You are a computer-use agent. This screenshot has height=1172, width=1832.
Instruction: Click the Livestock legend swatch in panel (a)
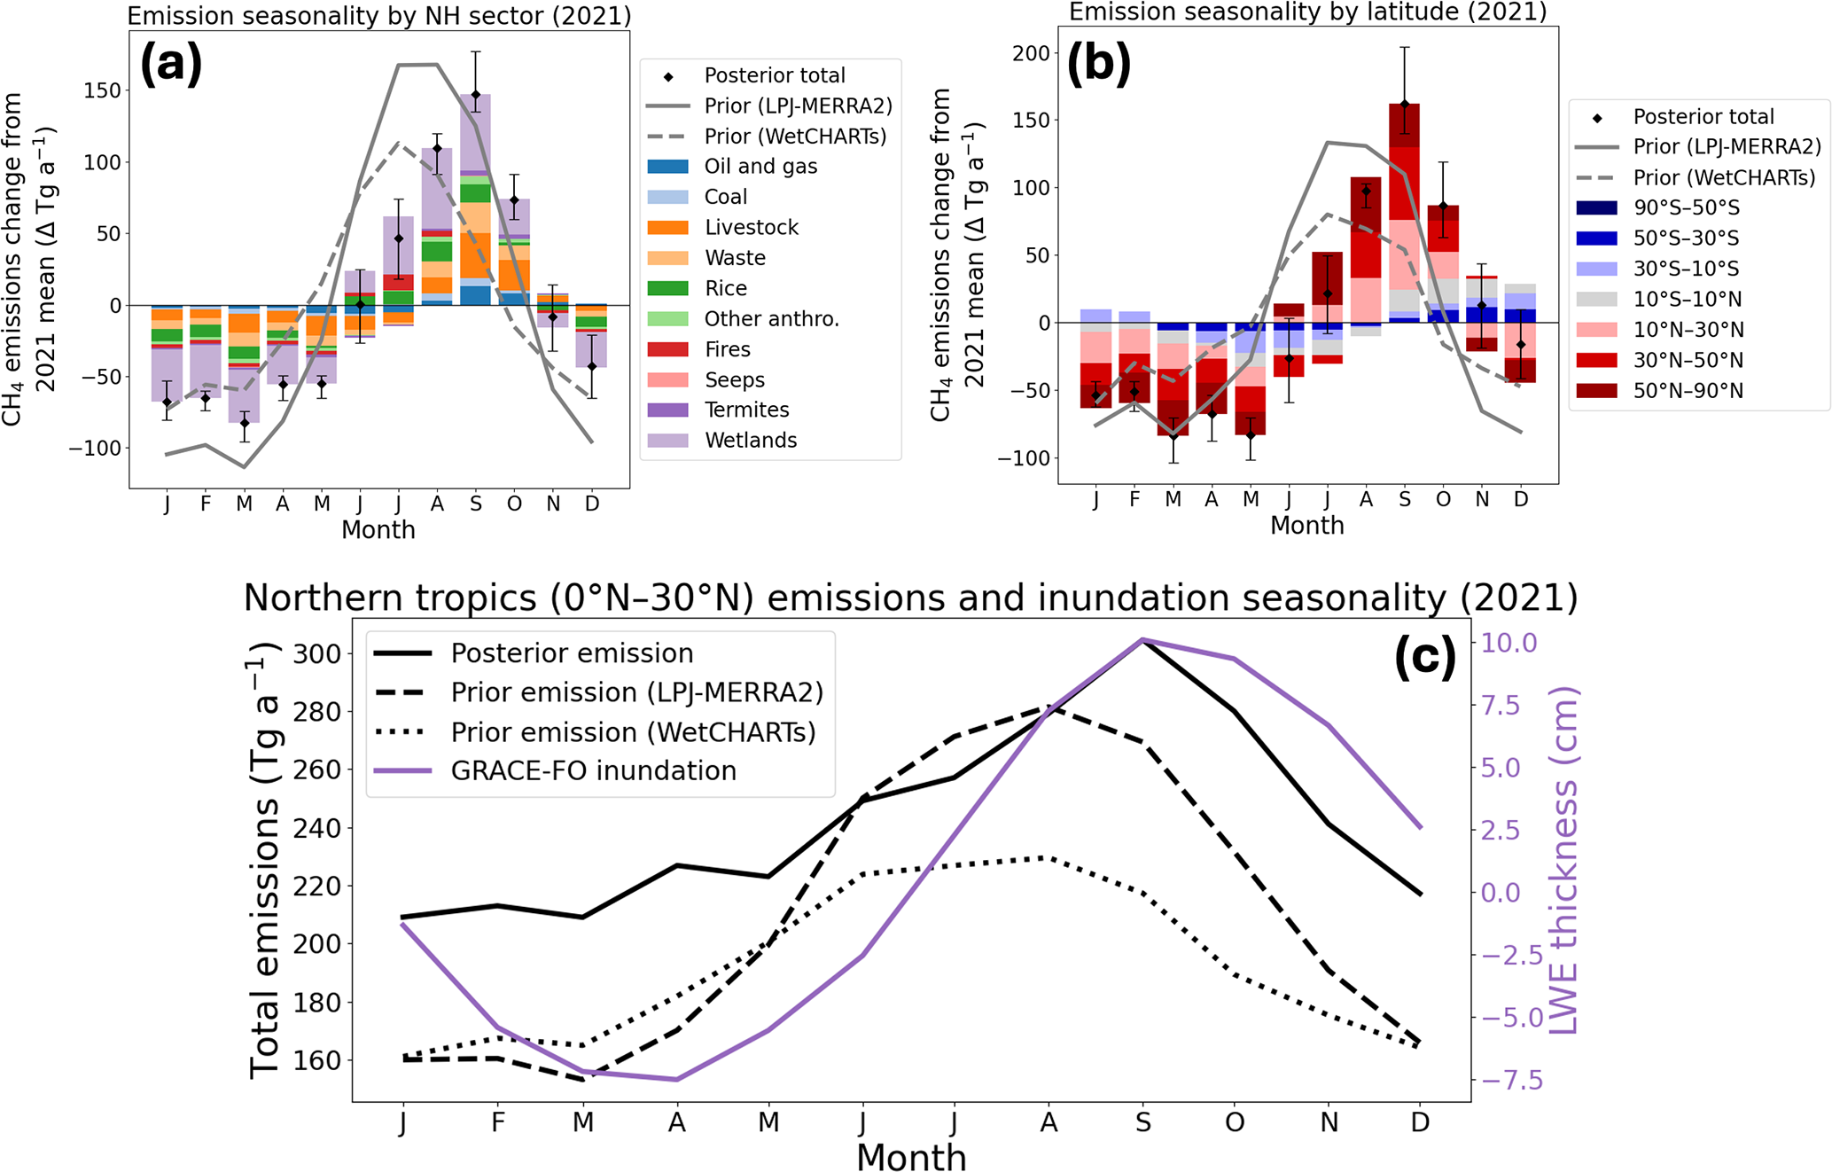click(x=667, y=228)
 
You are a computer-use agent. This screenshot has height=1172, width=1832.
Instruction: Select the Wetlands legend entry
click(x=750, y=441)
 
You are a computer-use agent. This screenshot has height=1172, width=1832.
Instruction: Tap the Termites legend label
click(x=746, y=410)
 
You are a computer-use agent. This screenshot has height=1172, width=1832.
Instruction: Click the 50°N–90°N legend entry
click(x=1688, y=391)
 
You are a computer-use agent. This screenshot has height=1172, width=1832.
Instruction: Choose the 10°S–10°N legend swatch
click(x=1597, y=300)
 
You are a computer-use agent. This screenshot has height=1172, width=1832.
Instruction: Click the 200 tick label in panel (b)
click(x=1031, y=53)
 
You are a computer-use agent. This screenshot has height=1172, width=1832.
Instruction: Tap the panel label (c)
click(x=1425, y=658)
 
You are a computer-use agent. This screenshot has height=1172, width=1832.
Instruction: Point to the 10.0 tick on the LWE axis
click(x=1509, y=643)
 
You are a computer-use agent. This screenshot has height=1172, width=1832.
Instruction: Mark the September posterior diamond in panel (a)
click(x=476, y=95)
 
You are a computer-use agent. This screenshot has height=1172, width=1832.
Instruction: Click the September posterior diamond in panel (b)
click(x=1405, y=105)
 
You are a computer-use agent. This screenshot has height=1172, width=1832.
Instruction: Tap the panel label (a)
click(x=171, y=64)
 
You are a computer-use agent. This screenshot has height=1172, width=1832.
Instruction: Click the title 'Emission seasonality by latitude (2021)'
click(x=1307, y=12)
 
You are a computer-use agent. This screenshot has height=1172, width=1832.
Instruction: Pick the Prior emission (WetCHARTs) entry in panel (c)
click(x=633, y=732)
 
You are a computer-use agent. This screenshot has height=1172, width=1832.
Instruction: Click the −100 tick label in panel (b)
click(x=1024, y=458)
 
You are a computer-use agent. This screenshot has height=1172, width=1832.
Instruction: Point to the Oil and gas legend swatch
click(x=667, y=167)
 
